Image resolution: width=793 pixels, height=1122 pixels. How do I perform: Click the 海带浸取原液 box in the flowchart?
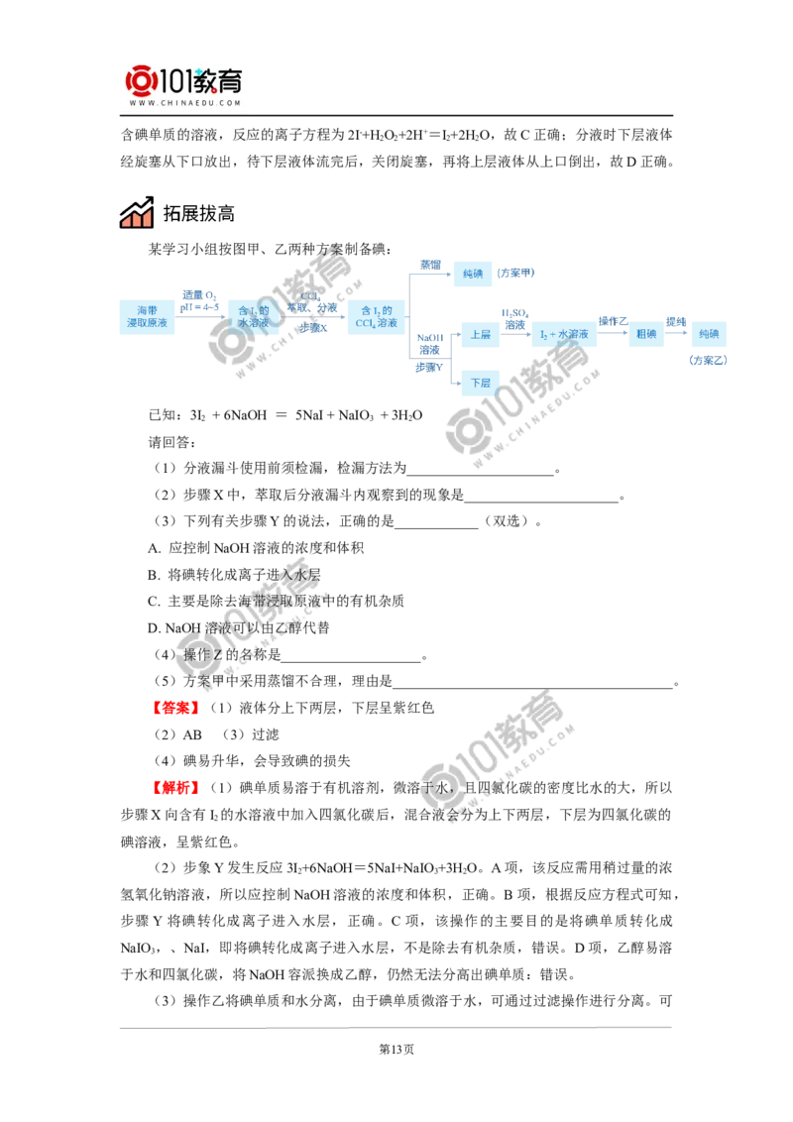(x=147, y=317)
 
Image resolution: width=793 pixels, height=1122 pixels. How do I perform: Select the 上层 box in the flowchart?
(x=480, y=334)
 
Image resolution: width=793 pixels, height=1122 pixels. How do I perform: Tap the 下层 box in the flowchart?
(x=480, y=383)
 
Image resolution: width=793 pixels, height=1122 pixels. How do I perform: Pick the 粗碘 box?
(x=646, y=334)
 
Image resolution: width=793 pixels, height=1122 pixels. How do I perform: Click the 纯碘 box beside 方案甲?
(x=473, y=274)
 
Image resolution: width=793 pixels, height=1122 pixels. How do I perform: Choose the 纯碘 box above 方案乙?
(x=709, y=334)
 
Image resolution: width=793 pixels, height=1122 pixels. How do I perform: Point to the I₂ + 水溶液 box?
(x=564, y=334)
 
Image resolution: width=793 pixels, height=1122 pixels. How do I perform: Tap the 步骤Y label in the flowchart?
(x=429, y=367)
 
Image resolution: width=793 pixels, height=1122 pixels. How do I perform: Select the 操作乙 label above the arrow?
(x=613, y=321)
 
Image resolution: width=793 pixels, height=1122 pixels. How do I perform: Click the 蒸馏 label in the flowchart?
(x=430, y=265)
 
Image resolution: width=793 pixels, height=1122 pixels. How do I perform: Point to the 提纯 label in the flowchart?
(x=676, y=322)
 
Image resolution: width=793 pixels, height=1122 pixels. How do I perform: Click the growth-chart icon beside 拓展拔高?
(x=137, y=212)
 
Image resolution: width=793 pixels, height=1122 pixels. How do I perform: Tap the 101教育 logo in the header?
(x=184, y=85)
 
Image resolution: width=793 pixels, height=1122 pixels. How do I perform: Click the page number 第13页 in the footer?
(x=396, y=1049)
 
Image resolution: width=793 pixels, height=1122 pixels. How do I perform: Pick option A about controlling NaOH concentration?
(x=256, y=548)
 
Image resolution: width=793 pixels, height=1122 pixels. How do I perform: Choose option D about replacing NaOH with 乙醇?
(x=238, y=628)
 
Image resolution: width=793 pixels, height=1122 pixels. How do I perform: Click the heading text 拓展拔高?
(x=199, y=213)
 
